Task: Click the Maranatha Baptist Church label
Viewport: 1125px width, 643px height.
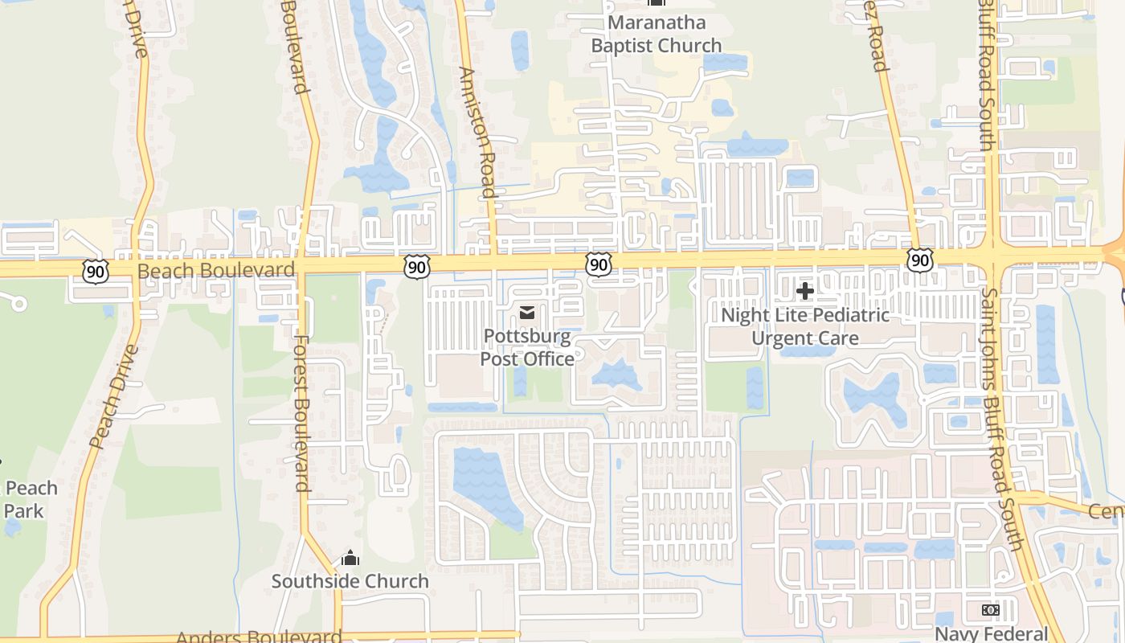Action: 657,34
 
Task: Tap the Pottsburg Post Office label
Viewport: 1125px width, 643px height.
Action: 527,347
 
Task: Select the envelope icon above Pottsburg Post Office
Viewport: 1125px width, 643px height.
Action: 527,313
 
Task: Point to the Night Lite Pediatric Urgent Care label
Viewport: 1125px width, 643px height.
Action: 805,326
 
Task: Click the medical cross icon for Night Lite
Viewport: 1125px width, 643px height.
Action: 804,291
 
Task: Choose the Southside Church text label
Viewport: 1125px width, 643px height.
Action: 350,581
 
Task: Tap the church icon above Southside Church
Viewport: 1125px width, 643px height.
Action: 350,558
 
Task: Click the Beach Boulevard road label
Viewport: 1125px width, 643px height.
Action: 216,270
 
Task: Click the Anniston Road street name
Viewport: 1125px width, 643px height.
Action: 477,132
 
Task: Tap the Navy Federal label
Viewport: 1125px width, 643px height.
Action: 991,634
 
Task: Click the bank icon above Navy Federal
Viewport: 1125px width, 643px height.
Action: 990,610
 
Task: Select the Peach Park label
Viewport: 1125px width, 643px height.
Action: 31,499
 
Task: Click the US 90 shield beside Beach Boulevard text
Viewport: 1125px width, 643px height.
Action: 95,272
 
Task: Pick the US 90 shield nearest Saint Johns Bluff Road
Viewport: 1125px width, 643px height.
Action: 921,260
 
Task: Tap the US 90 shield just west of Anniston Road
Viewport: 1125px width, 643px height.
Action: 416,268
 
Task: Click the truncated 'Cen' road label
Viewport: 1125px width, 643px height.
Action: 1106,511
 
